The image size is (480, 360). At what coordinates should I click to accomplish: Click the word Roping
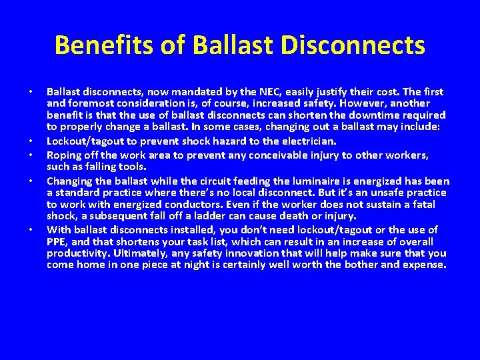pyautogui.click(x=64, y=155)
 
